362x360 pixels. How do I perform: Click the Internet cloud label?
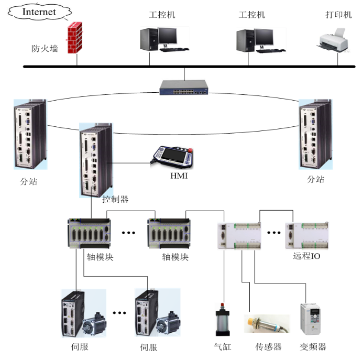39,12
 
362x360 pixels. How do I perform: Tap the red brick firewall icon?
75,37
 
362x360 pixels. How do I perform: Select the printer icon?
332,41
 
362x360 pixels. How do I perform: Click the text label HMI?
179,176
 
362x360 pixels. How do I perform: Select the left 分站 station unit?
29,135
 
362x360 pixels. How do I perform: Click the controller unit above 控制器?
95,160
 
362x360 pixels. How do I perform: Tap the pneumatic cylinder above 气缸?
223,321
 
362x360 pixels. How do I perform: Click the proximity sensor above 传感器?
266,323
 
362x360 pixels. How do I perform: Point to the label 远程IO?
306,257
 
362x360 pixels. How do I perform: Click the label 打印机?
338,15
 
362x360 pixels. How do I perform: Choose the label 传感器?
268,347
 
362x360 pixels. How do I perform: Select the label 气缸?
223,347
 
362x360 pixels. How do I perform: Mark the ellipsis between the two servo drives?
119,313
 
